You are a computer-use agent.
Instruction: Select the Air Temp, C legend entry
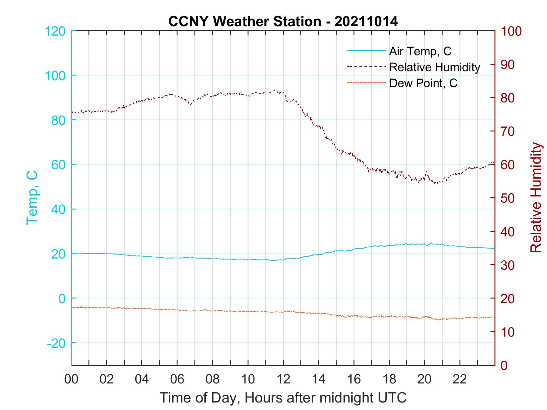[420, 51]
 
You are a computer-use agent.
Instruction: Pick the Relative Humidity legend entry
[434, 67]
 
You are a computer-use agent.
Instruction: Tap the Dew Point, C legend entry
[423, 83]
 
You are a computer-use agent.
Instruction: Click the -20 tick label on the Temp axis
[56, 343]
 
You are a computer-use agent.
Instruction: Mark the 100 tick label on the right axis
[511, 31]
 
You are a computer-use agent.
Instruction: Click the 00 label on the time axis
[71, 379]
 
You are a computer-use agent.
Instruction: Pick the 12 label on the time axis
[283, 379]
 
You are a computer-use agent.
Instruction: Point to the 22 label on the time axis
[460, 379]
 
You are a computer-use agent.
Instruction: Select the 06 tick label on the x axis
[177, 379]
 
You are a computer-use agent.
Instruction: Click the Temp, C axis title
[32, 198]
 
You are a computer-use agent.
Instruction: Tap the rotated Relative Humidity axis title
[536, 198]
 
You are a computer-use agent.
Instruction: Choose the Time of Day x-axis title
[283, 398]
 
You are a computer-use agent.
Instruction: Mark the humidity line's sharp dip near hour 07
[191, 105]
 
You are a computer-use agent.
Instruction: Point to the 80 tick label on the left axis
[58, 120]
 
